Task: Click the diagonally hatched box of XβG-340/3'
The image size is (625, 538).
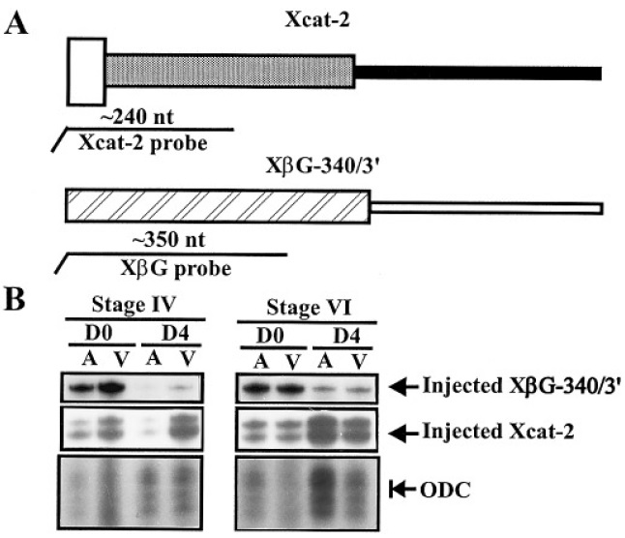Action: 217,206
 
